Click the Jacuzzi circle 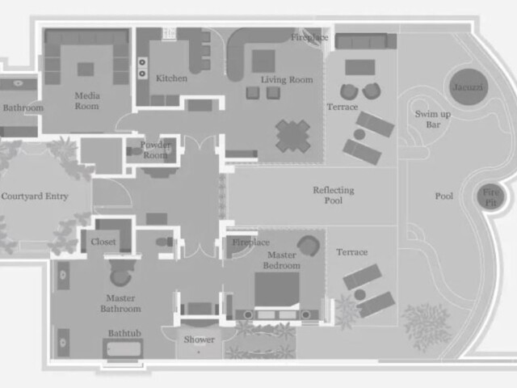point(468,87)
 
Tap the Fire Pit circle point(490,197)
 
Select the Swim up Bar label point(433,119)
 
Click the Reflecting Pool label point(334,195)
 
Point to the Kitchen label point(171,78)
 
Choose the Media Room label point(87,100)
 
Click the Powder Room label point(155,150)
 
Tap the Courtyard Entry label point(35,196)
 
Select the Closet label point(103,242)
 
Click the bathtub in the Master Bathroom point(123,348)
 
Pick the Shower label point(200,339)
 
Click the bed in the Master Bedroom point(277,290)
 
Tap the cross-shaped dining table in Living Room point(292,136)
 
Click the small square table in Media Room point(86,70)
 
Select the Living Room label point(287,79)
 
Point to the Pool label point(444,196)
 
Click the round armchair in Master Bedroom point(309,246)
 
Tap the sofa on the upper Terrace point(366,41)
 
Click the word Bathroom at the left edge point(23,108)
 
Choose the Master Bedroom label point(282,260)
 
